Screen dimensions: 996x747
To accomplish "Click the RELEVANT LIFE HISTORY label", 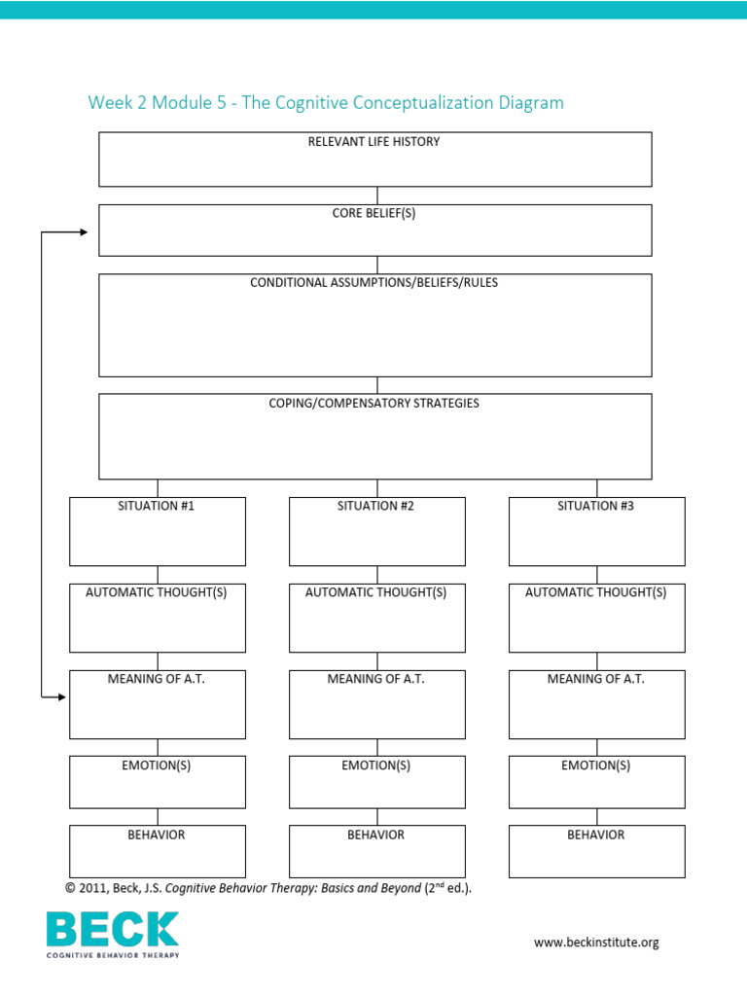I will click(x=373, y=142).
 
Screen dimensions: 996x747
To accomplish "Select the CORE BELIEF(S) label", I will click(x=373, y=214).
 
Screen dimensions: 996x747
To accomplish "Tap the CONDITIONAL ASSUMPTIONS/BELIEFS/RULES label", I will click(x=374, y=283).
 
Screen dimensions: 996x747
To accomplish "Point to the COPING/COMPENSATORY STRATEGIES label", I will click(x=374, y=403).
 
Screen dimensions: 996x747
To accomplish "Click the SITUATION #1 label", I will click(x=157, y=507).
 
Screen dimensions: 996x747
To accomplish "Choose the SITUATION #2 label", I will click(x=376, y=507).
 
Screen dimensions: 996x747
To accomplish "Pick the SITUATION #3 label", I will click(x=596, y=507).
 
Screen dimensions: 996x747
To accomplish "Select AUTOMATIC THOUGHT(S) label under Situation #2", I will click(x=376, y=593).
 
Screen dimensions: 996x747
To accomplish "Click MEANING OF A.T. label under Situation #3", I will click(x=596, y=679).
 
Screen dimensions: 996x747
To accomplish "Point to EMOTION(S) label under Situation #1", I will click(x=157, y=765).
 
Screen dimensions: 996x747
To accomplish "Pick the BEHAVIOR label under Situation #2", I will click(x=376, y=836).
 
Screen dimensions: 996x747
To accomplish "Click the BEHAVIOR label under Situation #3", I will click(x=596, y=836).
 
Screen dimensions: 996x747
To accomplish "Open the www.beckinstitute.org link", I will click(x=596, y=943).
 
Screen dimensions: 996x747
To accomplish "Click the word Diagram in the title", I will click(x=531, y=103).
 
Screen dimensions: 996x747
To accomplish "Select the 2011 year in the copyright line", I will click(x=92, y=888).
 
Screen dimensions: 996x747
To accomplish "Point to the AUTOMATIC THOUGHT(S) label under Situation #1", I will click(x=157, y=593).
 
